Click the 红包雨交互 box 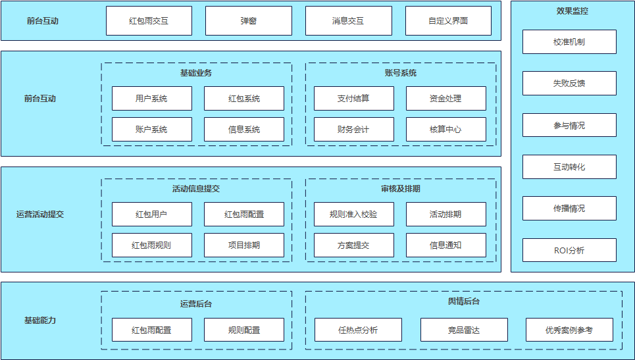(x=149, y=21)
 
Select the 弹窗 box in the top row (x=248, y=21)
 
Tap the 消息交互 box (x=348, y=21)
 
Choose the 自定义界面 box (x=447, y=21)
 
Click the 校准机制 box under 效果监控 (x=569, y=42)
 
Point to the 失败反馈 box (x=569, y=84)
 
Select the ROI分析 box (x=569, y=251)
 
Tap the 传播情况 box (x=569, y=209)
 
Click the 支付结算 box (x=353, y=99)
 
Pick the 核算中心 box (x=445, y=130)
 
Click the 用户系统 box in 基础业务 (x=151, y=99)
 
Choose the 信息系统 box (x=243, y=130)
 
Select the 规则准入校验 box (x=353, y=215)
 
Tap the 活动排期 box (x=445, y=215)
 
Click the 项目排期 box (x=243, y=245)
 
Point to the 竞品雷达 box (x=464, y=330)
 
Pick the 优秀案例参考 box (x=569, y=330)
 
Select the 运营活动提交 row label (x=40, y=215)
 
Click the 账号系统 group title (x=400, y=72)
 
